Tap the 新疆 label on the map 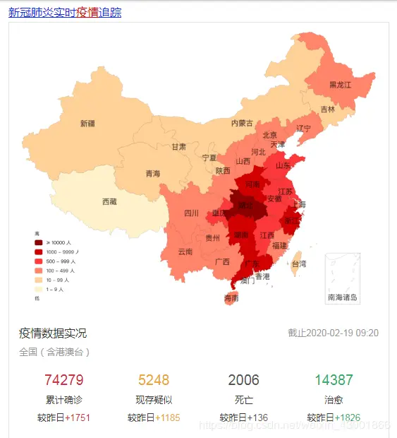coord(87,124)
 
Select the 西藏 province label coord(109,201)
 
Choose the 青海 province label coord(153,174)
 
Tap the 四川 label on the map coord(191,213)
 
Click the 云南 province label coord(185,251)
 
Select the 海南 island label coord(231,298)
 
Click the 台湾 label coord(299,264)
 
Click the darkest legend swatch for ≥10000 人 coord(39,242)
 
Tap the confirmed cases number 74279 coord(64,380)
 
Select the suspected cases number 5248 coord(154,380)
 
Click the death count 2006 coord(244,380)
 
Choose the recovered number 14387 coord(334,380)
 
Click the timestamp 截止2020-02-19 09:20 coord(333,333)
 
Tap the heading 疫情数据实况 coord(53,333)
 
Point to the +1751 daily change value coord(78,418)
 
